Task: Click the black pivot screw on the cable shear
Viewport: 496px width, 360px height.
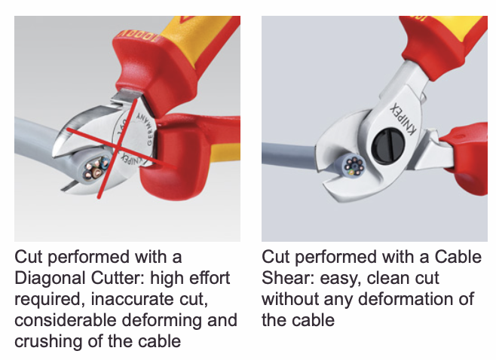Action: (x=388, y=145)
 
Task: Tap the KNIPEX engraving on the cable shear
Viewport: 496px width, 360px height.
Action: (x=403, y=119)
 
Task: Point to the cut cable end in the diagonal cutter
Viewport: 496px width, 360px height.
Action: (x=94, y=169)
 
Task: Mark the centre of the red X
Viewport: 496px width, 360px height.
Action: (x=118, y=147)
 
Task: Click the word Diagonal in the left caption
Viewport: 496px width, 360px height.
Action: (x=50, y=278)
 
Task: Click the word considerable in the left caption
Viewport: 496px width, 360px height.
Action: (x=65, y=320)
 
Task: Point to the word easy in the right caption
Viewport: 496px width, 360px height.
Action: (x=341, y=279)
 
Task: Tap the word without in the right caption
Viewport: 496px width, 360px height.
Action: (x=290, y=299)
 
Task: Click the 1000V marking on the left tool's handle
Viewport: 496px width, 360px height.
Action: (x=138, y=37)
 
